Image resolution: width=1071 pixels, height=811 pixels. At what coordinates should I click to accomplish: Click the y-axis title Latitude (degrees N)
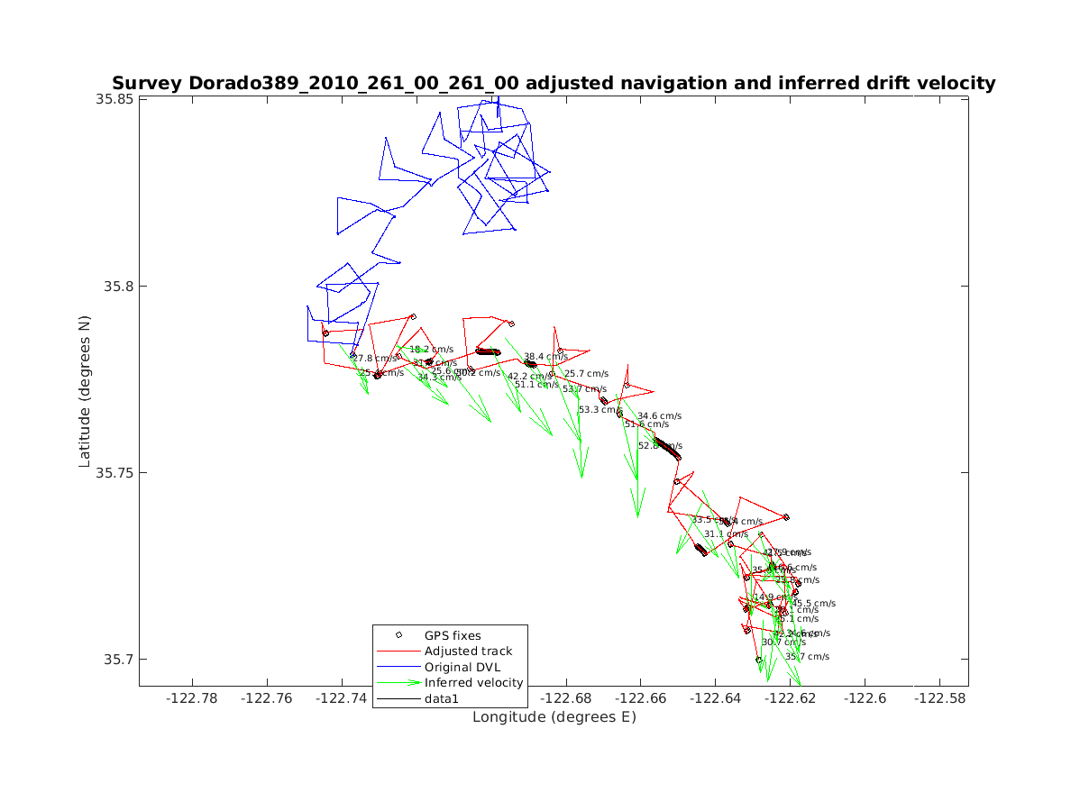[x=85, y=390]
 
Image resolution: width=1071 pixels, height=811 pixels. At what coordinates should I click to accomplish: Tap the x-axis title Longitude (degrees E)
[x=554, y=717]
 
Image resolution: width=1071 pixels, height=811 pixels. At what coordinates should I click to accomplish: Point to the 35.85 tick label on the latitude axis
[x=115, y=99]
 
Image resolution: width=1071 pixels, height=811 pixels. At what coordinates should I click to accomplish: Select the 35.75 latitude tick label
[x=115, y=473]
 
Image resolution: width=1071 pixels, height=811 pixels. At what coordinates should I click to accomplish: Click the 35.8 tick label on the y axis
[x=119, y=287]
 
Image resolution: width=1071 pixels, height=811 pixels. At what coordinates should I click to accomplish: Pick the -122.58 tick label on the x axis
[x=941, y=697]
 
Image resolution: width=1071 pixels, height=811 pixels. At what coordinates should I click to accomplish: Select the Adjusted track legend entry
[x=468, y=651]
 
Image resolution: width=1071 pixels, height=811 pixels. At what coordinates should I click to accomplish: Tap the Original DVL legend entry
[x=462, y=667]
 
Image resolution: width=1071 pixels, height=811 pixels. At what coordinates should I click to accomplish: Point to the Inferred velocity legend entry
[x=473, y=682]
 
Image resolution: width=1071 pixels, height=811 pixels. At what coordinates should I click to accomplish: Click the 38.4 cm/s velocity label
[x=546, y=357]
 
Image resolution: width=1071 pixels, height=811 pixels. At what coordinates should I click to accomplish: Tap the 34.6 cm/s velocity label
[x=660, y=416]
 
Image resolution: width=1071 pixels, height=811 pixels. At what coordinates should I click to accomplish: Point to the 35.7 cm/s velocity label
[x=807, y=657]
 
